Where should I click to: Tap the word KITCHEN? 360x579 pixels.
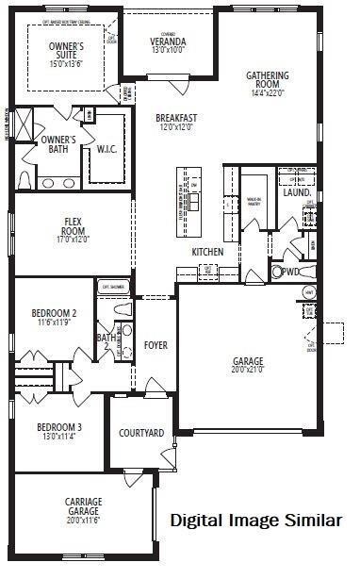207,252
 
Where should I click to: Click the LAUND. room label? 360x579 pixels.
297,192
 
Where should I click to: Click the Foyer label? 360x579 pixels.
156,345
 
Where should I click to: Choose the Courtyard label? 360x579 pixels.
141,433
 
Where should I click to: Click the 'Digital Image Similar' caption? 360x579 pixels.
255,520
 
